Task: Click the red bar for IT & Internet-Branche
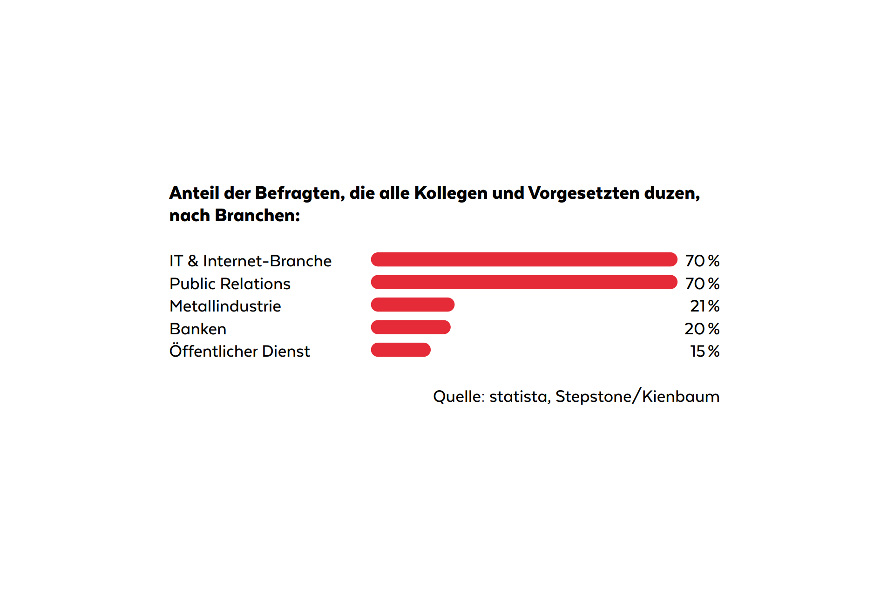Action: coord(524,259)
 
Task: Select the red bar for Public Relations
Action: coord(524,282)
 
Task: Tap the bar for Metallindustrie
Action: coord(413,305)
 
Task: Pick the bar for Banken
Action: coord(411,327)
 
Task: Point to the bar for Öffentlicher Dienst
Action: coord(400,350)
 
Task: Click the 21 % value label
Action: coord(704,306)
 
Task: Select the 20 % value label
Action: coord(702,329)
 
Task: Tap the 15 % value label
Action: coord(704,351)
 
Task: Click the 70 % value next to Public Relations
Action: coord(702,284)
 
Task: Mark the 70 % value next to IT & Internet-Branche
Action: coord(702,261)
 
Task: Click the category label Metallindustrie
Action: coord(225,306)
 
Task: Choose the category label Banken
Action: coord(198,329)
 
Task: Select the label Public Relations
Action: coord(230,284)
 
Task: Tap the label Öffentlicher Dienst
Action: coord(239,351)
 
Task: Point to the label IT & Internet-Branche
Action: coord(251,261)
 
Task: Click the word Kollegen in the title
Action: coord(451,193)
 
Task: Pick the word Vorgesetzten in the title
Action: coord(584,193)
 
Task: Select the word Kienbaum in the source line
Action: coord(681,397)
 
